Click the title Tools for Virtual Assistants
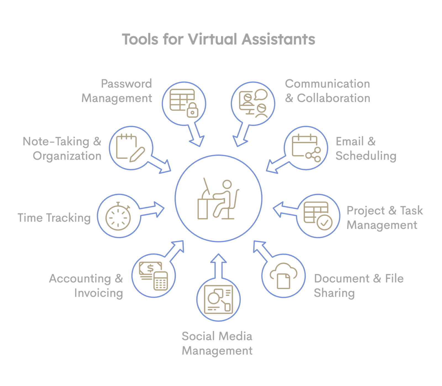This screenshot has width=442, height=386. tap(218, 39)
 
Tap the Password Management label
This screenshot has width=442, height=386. tap(117, 91)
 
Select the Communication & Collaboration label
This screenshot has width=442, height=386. tap(327, 91)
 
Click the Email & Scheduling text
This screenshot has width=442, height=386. tap(366, 149)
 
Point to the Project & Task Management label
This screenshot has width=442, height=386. tap(385, 218)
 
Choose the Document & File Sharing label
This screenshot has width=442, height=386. tap(359, 286)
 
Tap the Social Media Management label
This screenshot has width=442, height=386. tap(217, 344)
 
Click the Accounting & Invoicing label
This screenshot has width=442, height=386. tap(86, 286)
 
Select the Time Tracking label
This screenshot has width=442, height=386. tap(54, 218)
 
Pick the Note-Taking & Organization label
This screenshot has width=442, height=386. tap(62, 149)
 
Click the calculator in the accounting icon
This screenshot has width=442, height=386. tap(161, 281)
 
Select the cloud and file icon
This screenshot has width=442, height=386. tap(283, 276)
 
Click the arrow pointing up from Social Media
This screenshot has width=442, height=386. tap(219, 265)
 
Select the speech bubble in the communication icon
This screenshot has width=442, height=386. tap(261, 94)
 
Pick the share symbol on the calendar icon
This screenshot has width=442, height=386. tap(314, 155)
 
